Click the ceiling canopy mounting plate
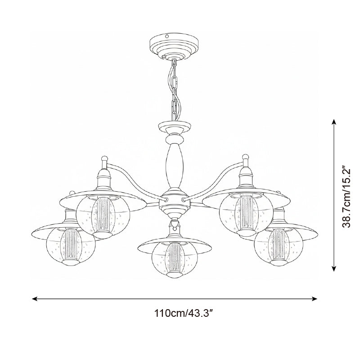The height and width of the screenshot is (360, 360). (174, 47)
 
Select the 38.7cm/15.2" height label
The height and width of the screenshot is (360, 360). (346, 196)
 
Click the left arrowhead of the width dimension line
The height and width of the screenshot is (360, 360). (35, 299)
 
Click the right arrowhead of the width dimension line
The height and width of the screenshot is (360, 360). (315, 299)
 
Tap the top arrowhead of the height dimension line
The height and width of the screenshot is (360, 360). (334, 122)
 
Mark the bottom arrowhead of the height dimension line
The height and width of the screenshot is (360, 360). (334, 269)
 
